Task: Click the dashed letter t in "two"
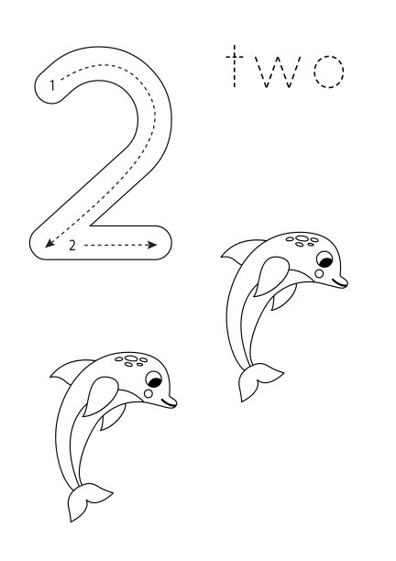click(x=235, y=67)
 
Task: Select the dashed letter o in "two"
click(x=329, y=71)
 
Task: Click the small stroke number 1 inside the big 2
click(x=52, y=85)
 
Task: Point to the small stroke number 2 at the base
click(x=72, y=246)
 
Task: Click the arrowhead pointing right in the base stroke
click(x=153, y=245)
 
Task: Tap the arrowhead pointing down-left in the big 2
click(x=49, y=243)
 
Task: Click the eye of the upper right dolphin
click(x=324, y=259)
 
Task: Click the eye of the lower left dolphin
click(x=154, y=379)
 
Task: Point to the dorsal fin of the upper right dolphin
click(x=238, y=250)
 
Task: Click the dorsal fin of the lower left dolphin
click(x=68, y=370)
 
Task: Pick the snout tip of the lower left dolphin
click(x=175, y=402)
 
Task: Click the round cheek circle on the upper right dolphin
click(x=319, y=274)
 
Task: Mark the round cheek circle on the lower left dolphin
click(x=148, y=393)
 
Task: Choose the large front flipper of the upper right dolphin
click(x=270, y=275)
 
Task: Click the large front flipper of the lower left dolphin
click(x=100, y=395)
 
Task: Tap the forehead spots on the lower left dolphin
click(x=131, y=360)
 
